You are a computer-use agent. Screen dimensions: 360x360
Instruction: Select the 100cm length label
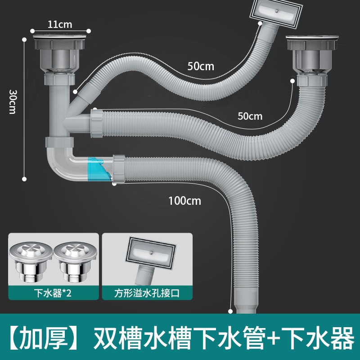184,201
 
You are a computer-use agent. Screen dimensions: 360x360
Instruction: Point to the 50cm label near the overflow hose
201,67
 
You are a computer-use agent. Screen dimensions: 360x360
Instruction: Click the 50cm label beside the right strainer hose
249,116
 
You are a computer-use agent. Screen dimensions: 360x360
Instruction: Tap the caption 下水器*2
53,293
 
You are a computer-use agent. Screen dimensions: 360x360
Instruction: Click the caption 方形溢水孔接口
147,293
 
